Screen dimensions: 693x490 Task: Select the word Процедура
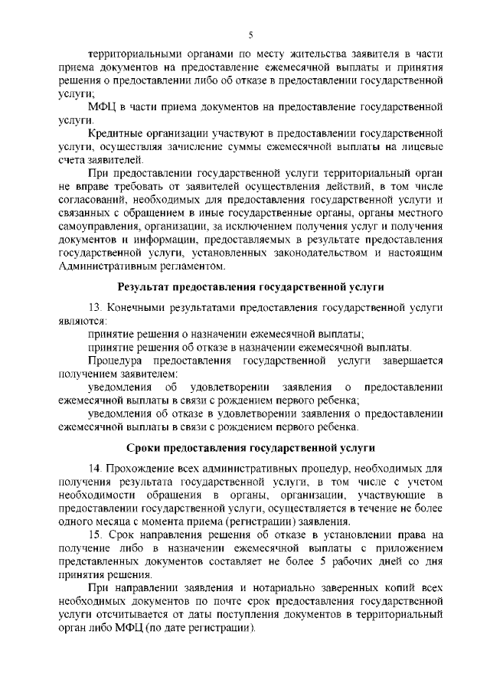pos(114,360)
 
